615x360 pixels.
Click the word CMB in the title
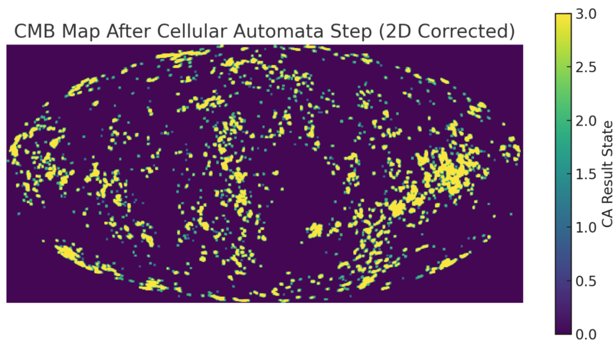point(35,31)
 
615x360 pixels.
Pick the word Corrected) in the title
point(466,31)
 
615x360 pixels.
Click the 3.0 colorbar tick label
point(586,14)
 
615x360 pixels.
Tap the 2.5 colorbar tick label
point(586,67)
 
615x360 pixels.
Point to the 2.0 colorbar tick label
point(586,121)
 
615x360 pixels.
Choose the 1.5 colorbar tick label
point(586,174)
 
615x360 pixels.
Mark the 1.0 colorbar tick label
point(586,227)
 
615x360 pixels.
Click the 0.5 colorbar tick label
point(586,281)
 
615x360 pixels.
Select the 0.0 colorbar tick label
point(586,335)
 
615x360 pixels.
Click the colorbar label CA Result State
point(607,174)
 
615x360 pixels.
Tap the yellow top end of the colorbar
point(563,16)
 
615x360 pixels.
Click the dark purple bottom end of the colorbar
point(563,332)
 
